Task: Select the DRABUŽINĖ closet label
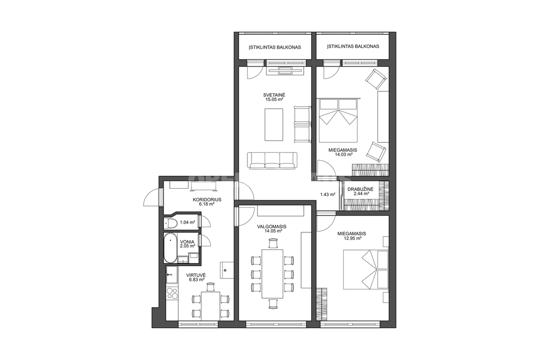point(358,189)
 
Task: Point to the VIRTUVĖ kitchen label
point(196,275)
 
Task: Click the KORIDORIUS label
point(207,199)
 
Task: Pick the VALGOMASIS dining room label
point(272,227)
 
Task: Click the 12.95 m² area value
point(352,238)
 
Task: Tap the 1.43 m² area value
point(327,194)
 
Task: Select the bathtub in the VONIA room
point(170,248)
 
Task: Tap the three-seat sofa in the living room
point(272,160)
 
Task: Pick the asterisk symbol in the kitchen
point(225,270)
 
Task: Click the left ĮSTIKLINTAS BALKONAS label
point(275,47)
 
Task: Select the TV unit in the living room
point(285,71)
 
